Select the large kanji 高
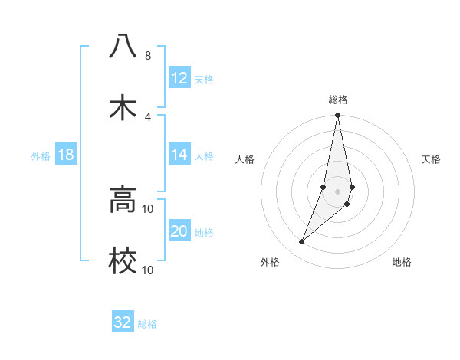click(123, 200)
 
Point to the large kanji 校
click(123, 261)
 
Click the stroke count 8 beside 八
click(148, 56)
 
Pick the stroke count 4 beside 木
click(148, 116)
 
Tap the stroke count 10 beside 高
click(148, 208)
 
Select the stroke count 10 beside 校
click(148, 270)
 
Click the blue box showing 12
click(179, 78)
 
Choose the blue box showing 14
click(179, 155)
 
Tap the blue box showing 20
click(179, 231)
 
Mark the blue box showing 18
click(66, 155)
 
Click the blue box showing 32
click(123, 322)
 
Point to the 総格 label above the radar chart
click(338, 100)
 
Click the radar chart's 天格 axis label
click(432, 159)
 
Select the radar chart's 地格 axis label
click(402, 262)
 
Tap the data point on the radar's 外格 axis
click(302, 242)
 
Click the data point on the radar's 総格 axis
click(338, 116)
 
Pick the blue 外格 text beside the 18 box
click(41, 155)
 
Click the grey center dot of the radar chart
click(338, 191)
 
